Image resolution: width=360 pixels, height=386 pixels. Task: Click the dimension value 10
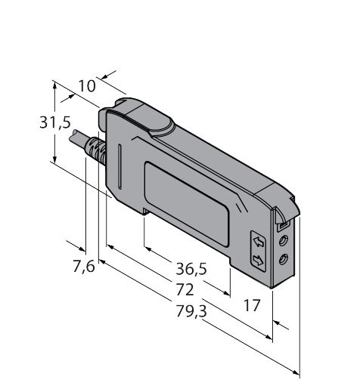[87, 86]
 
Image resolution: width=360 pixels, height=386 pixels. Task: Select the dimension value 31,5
[55, 123]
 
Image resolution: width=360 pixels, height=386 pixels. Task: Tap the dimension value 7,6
[84, 267]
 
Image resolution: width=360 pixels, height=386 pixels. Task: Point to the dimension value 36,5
[191, 269]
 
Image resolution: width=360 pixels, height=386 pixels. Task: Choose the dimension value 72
[185, 289]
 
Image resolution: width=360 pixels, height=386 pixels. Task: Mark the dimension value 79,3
[191, 311]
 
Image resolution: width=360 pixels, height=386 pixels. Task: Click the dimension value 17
[252, 305]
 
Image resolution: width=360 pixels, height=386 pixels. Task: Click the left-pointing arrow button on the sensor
[259, 242]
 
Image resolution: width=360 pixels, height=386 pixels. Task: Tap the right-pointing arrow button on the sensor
[259, 261]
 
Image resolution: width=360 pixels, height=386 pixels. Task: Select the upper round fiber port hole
[284, 240]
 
